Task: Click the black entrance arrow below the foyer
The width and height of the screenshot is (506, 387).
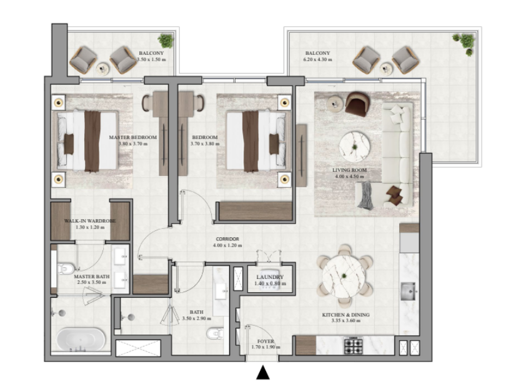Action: pyautogui.click(x=263, y=373)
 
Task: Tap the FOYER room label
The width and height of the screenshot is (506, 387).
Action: pyautogui.click(x=265, y=341)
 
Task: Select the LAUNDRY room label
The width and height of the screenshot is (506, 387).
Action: pyautogui.click(x=270, y=277)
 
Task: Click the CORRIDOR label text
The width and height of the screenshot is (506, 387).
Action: pyautogui.click(x=227, y=239)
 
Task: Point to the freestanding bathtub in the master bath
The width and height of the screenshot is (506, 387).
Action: pyautogui.click(x=81, y=340)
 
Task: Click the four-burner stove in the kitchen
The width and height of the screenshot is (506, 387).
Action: pyautogui.click(x=354, y=345)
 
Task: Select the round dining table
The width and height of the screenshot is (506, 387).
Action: pyautogui.click(x=344, y=277)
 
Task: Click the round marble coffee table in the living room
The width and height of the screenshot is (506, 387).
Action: pyautogui.click(x=354, y=147)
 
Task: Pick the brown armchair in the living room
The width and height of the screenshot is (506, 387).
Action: pyautogui.click(x=357, y=104)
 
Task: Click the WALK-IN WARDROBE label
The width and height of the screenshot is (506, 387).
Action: pyautogui.click(x=90, y=221)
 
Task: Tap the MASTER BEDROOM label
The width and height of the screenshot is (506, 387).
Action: pyautogui.click(x=132, y=137)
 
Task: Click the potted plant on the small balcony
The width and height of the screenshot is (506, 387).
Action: pyautogui.click(x=166, y=41)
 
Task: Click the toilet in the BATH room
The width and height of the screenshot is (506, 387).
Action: pyautogui.click(x=216, y=333)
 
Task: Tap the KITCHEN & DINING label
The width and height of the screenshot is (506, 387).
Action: pyautogui.click(x=346, y=315)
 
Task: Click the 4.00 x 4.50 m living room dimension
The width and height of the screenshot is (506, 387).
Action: pyautogui.click(x=349, y=177)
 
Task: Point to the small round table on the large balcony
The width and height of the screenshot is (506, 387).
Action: pyautogui.click(x=386, y=69)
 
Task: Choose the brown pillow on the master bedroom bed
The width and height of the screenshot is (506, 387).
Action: pyautogui.click(x=69, y=144)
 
